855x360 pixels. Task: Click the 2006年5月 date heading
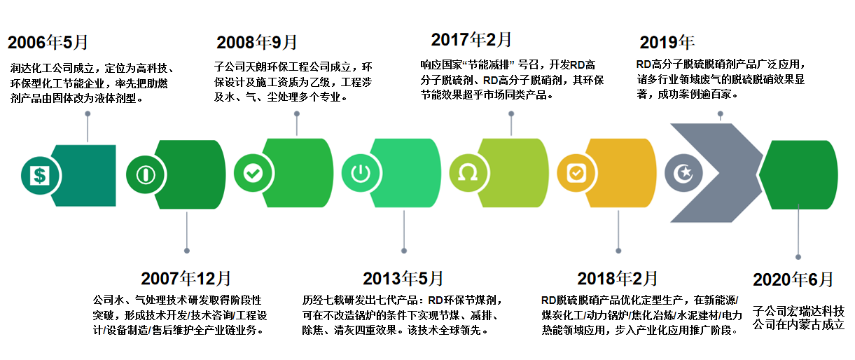[x=48, y=42]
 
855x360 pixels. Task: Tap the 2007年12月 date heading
[x=186, y=278]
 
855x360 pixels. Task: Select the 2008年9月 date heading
[x=256, y=42]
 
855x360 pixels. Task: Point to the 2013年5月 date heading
[x=403, y=278]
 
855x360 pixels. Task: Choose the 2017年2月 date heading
[x=471, y=39]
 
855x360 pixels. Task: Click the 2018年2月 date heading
[x=617, y=278]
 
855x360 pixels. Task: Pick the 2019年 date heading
[x=667, y=42]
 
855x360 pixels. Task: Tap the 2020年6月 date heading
[x=793, y=279]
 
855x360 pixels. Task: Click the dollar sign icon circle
[x=40, y=176]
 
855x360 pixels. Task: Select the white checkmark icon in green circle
[x=253, y=173]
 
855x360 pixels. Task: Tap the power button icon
[x=361, y=173]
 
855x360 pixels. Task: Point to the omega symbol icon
[x=468, y=173]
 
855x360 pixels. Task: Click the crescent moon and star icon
[x=683, y=173]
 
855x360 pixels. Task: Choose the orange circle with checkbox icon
[x=576, y=173]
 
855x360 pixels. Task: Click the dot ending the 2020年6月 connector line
[x=798, y=257]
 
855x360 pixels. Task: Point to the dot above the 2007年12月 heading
[x=187, y=251]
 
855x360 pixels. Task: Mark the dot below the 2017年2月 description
[x=511, y=113]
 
